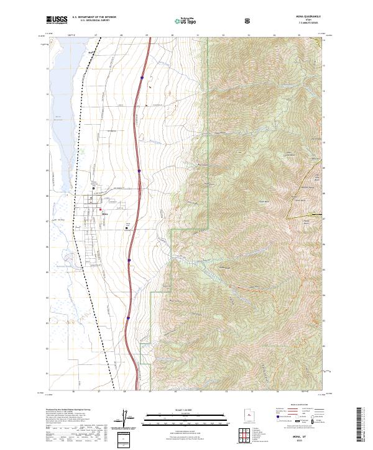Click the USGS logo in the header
pos(57,20)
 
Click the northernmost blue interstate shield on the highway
pos(142,78)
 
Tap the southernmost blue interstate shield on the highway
pos(128,318)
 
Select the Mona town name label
pos(105,214)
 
